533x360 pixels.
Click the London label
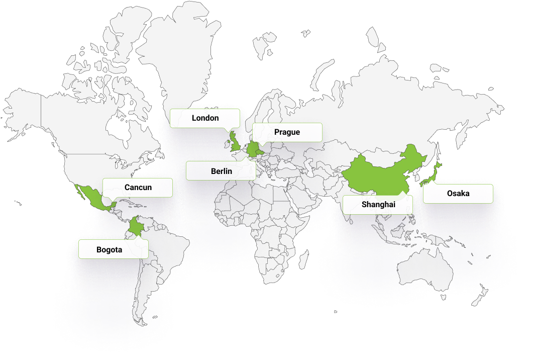205,118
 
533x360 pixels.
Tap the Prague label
287,132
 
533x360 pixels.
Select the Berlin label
221,171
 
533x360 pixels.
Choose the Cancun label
138,188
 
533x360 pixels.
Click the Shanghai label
378,205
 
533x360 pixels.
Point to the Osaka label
458,194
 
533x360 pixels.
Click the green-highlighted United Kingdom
234,142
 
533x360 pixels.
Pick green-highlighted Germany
252,149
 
